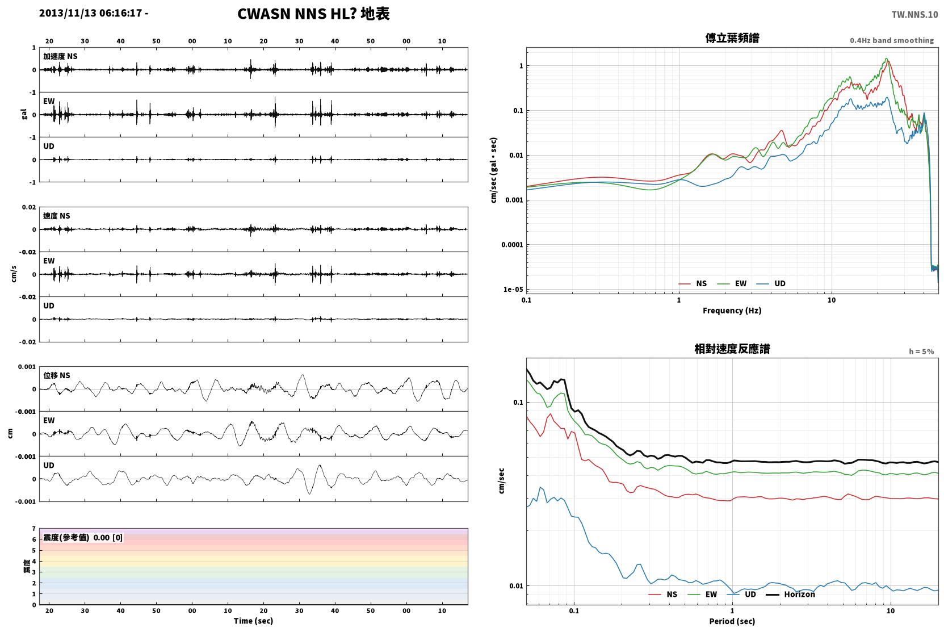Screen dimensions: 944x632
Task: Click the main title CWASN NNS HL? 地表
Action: point(313,14)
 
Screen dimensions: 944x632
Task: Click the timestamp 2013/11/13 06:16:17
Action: point(91,13)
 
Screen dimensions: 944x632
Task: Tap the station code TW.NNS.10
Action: point(914,15)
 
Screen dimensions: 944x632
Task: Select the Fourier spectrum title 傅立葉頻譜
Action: point(732,38)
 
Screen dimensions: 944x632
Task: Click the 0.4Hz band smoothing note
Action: point(892,40)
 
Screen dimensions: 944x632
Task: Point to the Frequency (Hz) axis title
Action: point(732,311)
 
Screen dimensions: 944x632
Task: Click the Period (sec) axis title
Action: point(732,621)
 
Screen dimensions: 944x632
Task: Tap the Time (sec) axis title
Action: point(253,621)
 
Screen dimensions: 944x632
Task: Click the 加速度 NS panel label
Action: point(60,56)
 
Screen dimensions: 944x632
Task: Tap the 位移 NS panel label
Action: point(56,375)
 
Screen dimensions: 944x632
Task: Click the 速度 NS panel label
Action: point(56,216)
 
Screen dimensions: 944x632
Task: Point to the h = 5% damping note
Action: point(921,351)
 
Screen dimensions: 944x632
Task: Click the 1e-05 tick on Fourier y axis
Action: point(513,289)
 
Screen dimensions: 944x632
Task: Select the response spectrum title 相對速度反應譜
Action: point(732,349)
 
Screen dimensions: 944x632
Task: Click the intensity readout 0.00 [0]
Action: point(108,538)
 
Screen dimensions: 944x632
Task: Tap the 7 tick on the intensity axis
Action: point(34,529)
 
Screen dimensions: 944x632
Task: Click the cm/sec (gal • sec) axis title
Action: point(493,170)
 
